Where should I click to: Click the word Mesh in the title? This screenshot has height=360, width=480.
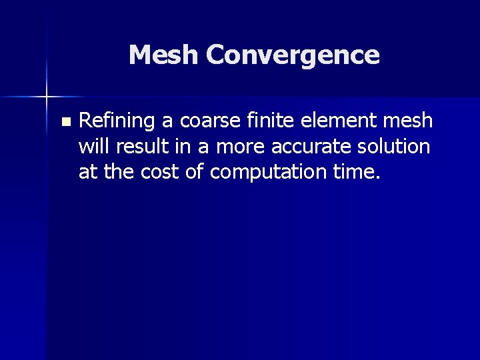[163, 55]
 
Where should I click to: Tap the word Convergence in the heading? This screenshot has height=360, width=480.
[293, 55]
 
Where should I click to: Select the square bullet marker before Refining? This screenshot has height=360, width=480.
[64, 122]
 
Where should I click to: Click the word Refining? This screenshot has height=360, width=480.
[117, 121]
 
